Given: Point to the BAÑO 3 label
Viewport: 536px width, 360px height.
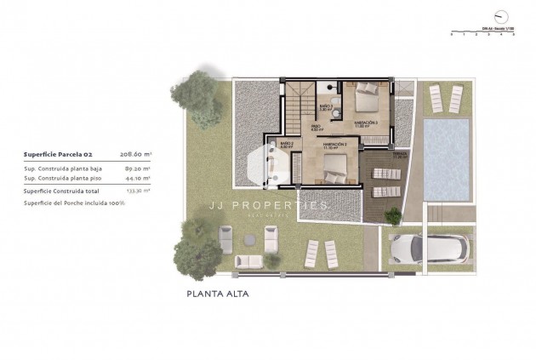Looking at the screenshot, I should click(325, 107).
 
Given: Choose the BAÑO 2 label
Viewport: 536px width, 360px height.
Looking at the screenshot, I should click(286, 146).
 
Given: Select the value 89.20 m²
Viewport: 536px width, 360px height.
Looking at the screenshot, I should click(137, 169).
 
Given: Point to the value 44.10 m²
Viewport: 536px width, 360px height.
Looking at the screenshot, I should click(137, 179).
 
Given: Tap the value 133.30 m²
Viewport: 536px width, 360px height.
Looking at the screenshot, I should click(137, 191).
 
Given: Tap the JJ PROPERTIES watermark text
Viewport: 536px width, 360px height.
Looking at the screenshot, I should click(269, 206).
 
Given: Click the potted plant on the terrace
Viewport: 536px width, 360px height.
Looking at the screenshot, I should click(392, 215).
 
